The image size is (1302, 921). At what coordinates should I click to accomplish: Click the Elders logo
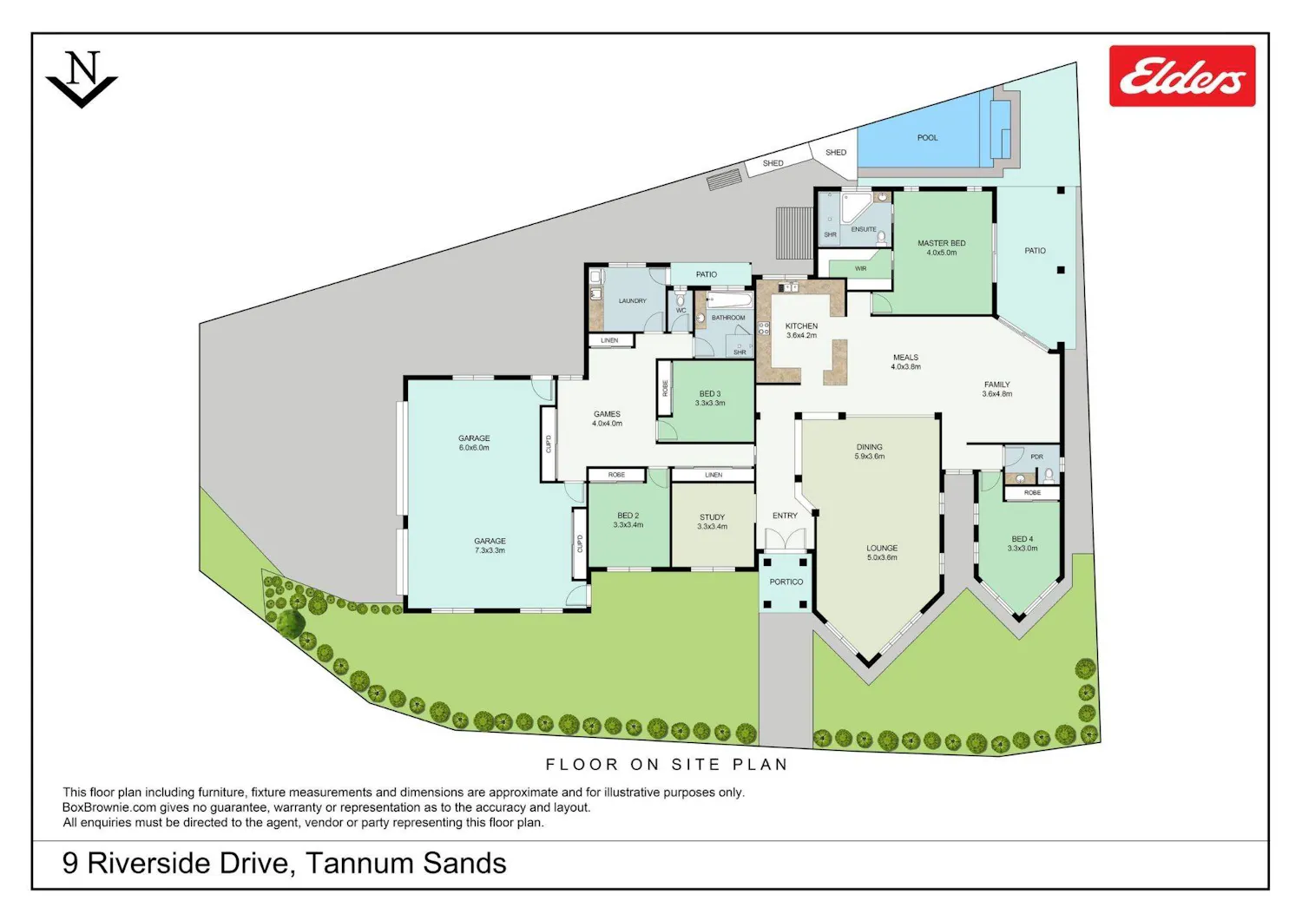[x=1182, y=76]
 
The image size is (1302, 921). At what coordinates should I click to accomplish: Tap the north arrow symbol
[x=82, y=80]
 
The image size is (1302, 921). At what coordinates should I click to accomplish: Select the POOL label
[x=928, y=138]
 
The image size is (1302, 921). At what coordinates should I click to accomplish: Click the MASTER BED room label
[x=942, y=243]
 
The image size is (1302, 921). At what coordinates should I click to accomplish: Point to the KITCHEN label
[x=801, y=326]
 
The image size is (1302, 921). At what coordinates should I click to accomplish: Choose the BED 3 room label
[x=710, y=393]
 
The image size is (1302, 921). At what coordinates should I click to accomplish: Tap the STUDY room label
[x=712, y=516]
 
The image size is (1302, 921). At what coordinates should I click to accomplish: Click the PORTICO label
[x=786, y=582]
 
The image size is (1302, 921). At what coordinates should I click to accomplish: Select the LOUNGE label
[x=882, y=548]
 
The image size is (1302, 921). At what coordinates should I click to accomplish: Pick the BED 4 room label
[x=1023, y=539]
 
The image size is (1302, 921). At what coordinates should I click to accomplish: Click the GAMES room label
[x=607, y=414]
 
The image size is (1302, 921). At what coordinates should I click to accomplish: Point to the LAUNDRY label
[x=633, y=300]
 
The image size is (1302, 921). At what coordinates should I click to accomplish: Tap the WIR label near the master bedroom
[x=861, y=268]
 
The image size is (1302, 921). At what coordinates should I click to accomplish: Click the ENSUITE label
[x=864, y=229]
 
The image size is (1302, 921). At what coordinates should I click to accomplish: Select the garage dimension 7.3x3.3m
[x=490, y=550]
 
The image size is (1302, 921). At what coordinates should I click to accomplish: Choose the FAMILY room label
[x=996, y=385]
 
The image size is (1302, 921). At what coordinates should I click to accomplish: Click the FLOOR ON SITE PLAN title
[x=667, y=764]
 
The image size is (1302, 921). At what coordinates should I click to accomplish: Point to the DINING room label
[x=869, y=447]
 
